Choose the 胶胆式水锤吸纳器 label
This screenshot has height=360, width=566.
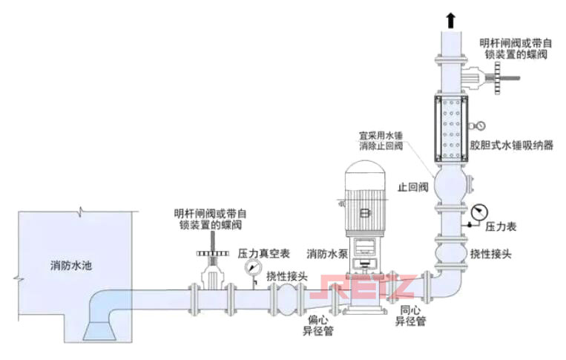pyautogui.click(x=517, y=146)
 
